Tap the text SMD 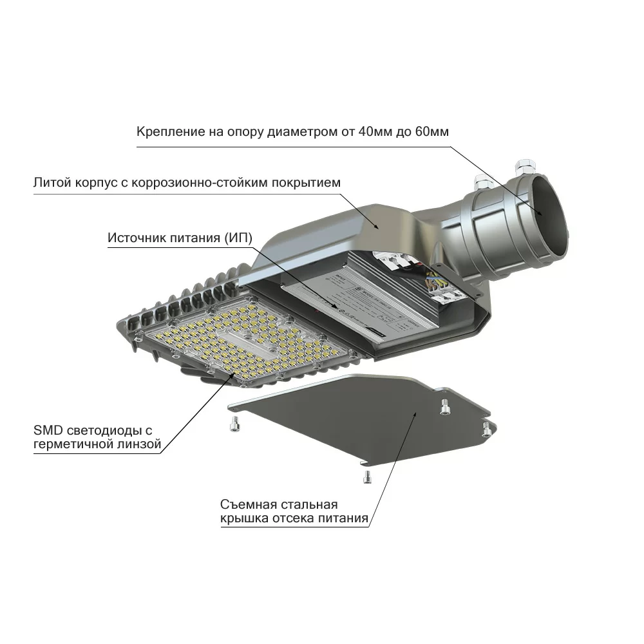pos(48,430)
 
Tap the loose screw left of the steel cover pos(234,423)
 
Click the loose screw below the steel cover pos(367,477)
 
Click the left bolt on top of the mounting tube pos(483,182)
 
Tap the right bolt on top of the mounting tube pos(526,167)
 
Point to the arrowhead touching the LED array pos(234,375)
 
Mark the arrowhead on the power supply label pos(335,305)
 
